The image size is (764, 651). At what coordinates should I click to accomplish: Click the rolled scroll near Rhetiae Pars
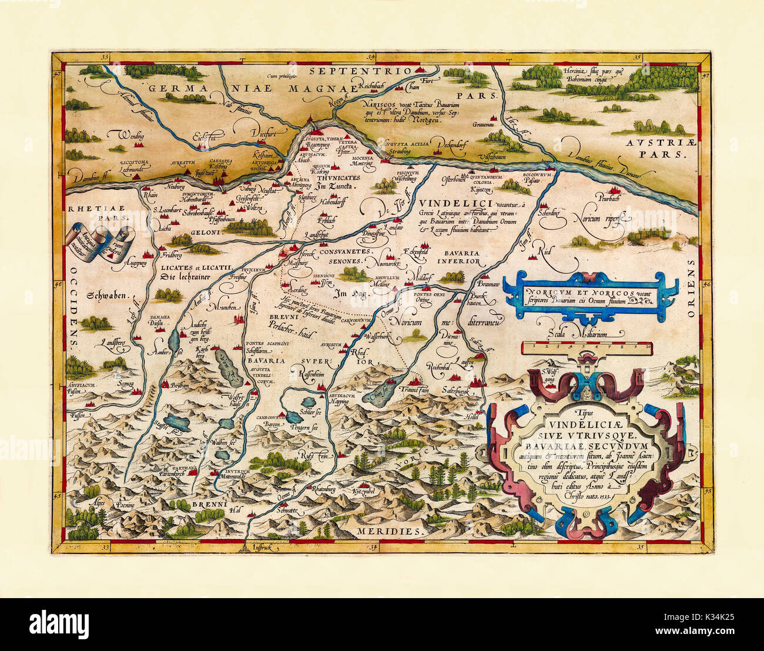[x=100, y=243]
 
